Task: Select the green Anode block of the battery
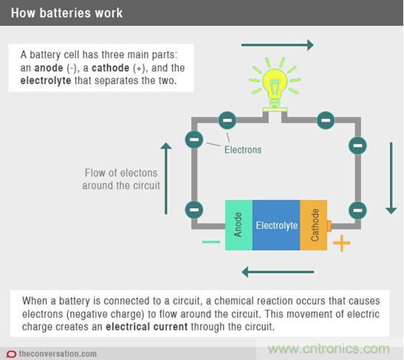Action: point(239,224)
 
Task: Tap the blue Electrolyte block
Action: point(275,224)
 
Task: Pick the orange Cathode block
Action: point(313,224)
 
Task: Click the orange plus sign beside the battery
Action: point(341,243)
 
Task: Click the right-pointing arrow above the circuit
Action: point(277,46)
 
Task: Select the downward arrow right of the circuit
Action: point(391,178)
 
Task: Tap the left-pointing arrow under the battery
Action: point(278,271)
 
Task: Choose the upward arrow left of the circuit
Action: point(166,178)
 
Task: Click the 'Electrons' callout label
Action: point(243,149)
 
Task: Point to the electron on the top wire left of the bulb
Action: point(227,120)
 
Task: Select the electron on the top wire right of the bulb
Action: point(324,120)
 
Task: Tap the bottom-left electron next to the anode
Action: point(194,209)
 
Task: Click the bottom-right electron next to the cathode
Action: point(357,209)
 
